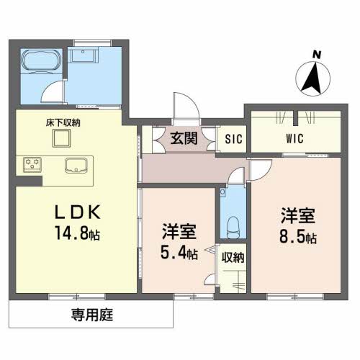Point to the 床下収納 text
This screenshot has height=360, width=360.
(x=60, y=122)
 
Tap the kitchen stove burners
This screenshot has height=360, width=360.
(x=34, y=165)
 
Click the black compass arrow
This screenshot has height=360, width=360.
(x=311, y=78)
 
